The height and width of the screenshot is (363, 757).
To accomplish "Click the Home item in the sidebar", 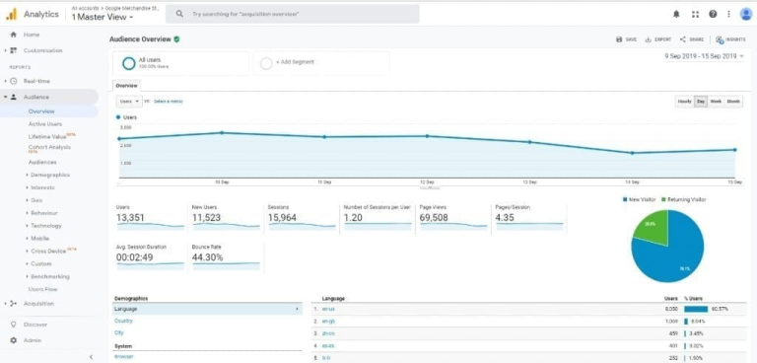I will click(x=32, y=35).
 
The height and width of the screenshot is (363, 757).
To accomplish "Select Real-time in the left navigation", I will click(x=36, y=81).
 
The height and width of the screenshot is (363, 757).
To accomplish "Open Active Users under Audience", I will click(x=44, y=123).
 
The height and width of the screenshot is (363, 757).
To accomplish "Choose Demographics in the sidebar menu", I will click(x=50, y=174).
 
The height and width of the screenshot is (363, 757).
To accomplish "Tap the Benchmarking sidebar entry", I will click(x=50, y=276).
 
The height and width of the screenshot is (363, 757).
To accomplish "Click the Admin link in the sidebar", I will click(x=34, y=339).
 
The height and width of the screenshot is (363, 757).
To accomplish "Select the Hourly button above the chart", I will click(x=684, y=102).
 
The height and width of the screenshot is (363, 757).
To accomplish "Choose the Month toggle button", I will click(x=733, y=102).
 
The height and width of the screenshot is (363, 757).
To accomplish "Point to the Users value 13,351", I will click(x=130, y=217).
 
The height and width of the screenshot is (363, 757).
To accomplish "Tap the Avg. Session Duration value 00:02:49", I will click(x=136, y=257).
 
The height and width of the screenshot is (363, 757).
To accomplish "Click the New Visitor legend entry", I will click(x=642, y=198).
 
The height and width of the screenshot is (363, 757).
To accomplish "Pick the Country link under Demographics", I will click(x=123, y=321).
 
